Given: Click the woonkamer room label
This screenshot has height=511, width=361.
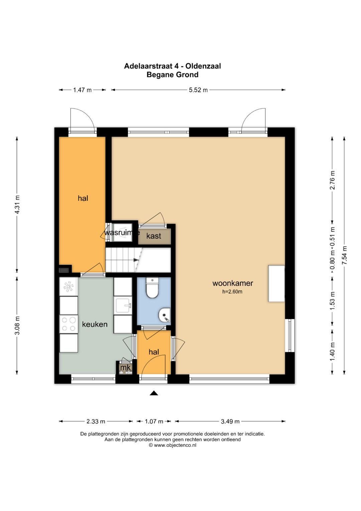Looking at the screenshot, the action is coord(233,283).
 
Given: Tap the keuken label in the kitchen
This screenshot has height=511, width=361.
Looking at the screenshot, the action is coord(95,324).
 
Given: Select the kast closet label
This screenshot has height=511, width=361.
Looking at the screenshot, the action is coord(154,236).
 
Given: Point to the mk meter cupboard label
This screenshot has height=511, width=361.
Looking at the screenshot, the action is coord(125,367).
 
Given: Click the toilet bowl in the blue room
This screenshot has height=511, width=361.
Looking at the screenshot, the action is coord(152,288).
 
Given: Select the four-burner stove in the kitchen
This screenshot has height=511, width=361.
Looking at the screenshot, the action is coord(69,324).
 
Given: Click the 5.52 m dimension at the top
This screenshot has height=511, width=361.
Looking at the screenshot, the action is coord(198,90).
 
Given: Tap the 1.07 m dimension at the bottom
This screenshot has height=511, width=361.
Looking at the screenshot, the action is coord(154,421).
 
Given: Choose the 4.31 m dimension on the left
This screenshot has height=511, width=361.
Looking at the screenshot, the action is coord(17,204).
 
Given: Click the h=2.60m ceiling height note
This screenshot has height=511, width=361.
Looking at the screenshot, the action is coord(232,291).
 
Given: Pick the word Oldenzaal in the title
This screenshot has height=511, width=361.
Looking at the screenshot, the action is coord(203,66).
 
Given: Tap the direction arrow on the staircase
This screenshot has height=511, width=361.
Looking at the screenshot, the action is coord(136,260).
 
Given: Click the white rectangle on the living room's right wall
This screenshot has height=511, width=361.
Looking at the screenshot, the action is coord(276,283).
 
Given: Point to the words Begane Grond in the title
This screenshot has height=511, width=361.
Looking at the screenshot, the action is coord(172,75).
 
